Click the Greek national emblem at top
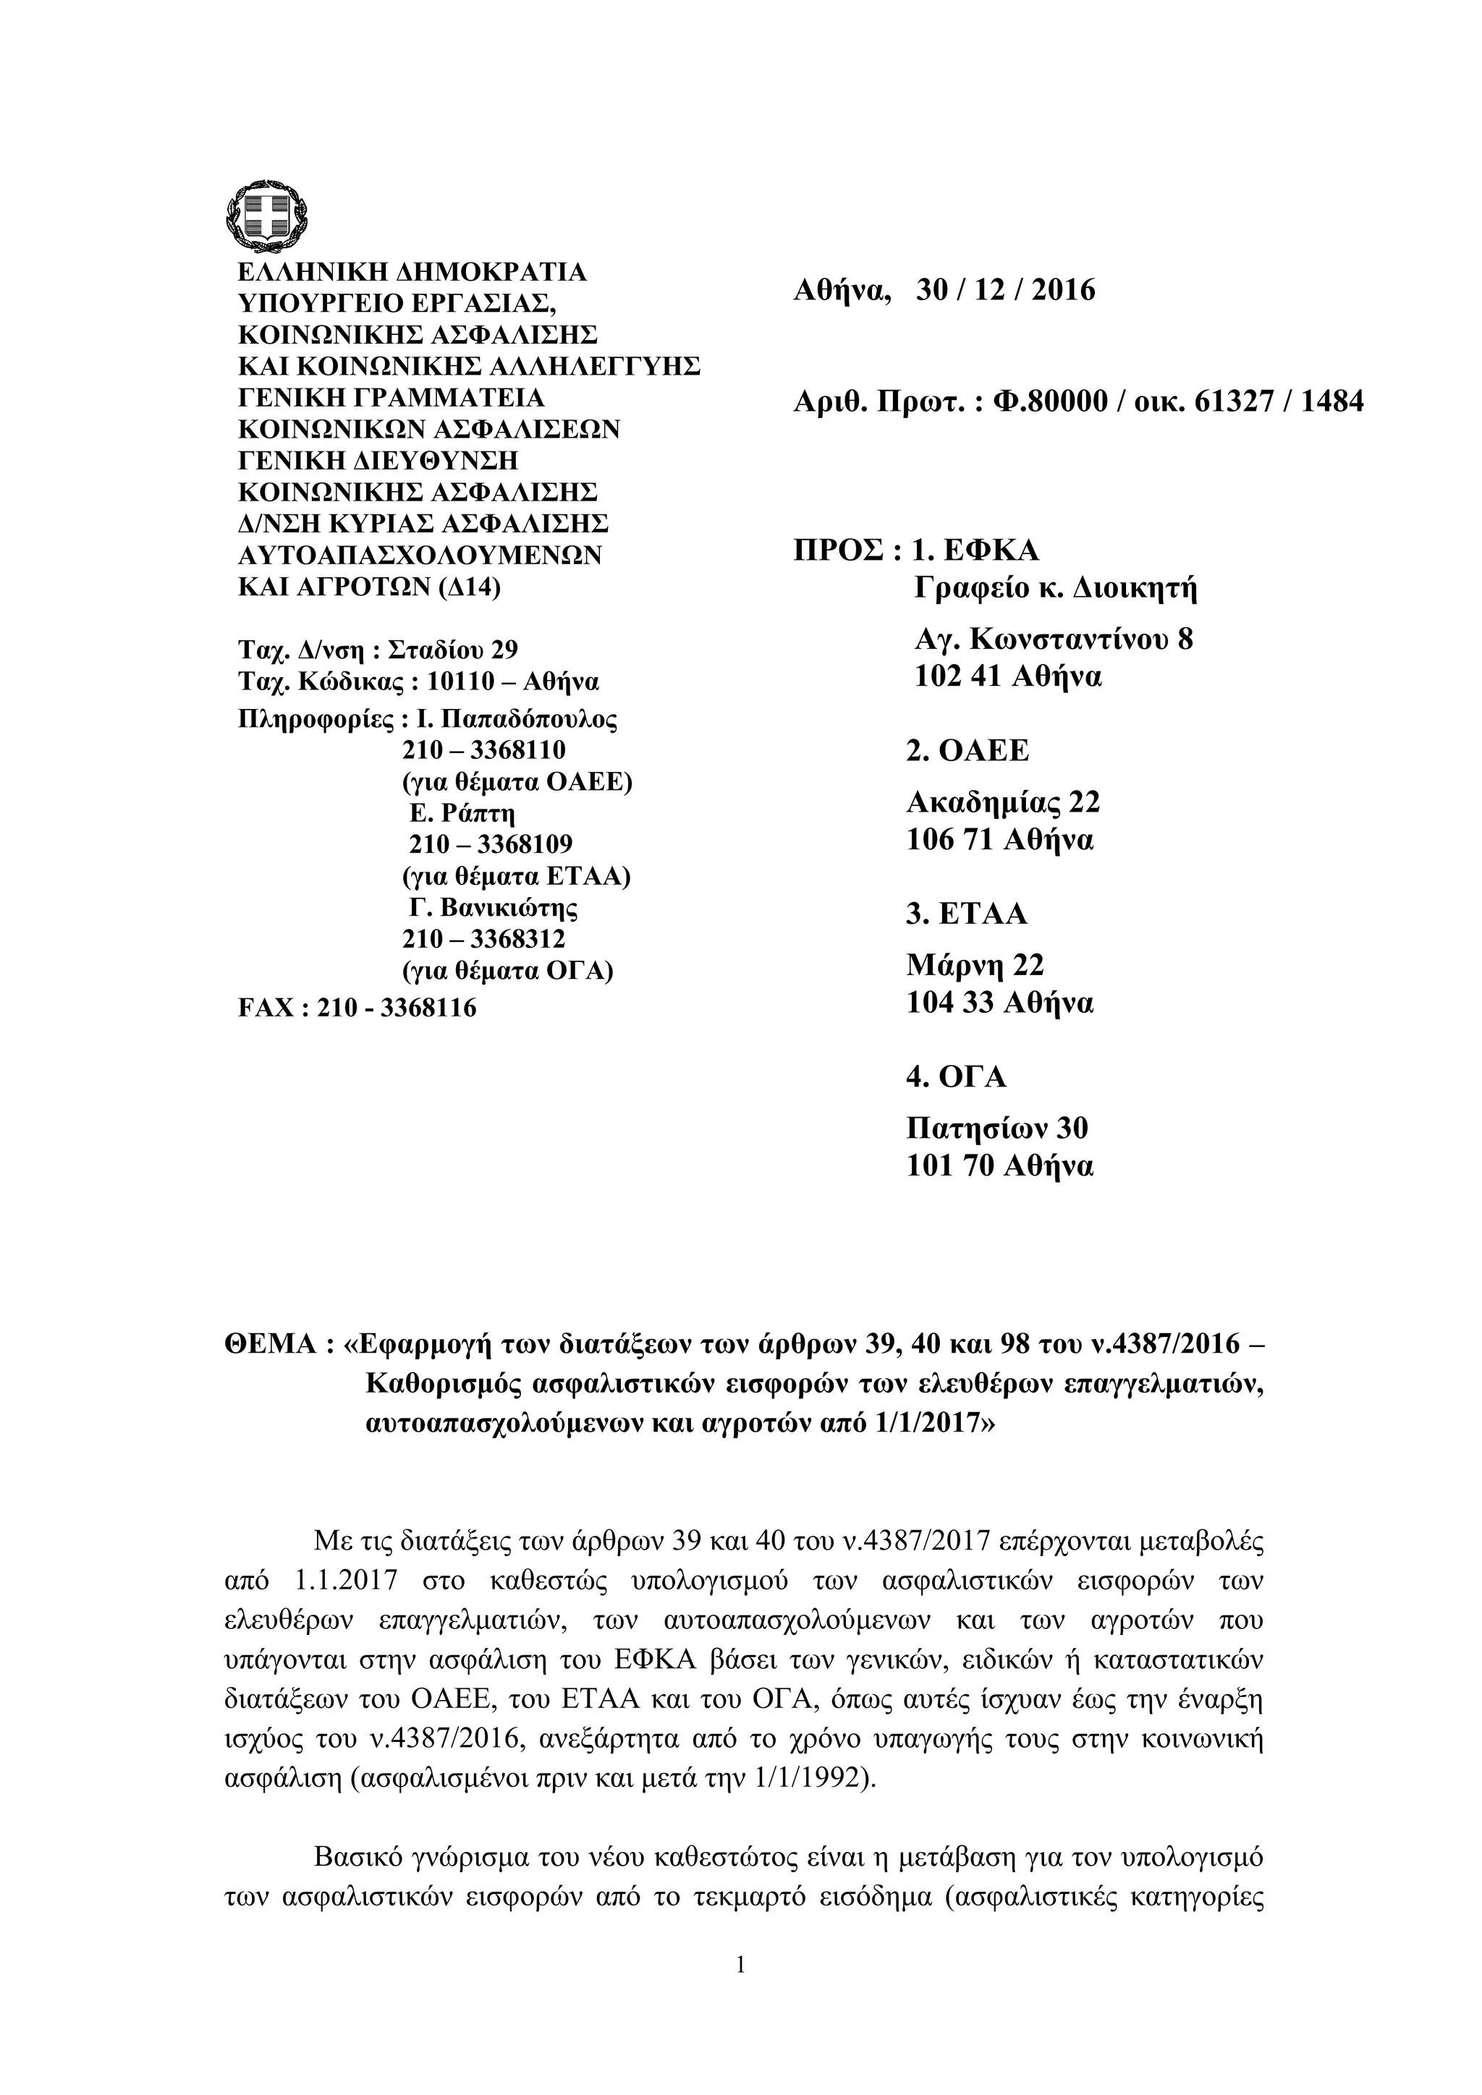[x=265, y=216]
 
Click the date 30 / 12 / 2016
[x=1004, y=291]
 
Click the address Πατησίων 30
[x=996, y=1129]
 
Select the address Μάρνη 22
[x=975, y=965]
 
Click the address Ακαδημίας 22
[x=1003, y=802]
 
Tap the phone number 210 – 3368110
[x=483, y=750]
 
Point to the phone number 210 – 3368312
[x=483, y=939]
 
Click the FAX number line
[x=357, y=1008]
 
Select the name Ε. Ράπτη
[x=462, y=813]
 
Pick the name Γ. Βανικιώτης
[x=493, y=908]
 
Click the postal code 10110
[x=460, y=681]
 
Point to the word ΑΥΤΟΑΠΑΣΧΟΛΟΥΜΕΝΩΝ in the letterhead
[x=420, y=555]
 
